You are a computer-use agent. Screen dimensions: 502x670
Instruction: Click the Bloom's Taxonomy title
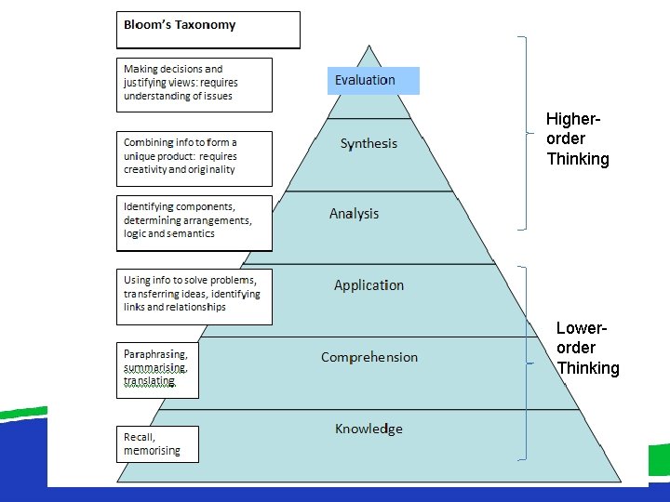180,25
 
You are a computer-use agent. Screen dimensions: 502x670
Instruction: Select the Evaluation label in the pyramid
365,80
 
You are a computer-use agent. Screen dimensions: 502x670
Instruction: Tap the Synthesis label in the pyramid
368,143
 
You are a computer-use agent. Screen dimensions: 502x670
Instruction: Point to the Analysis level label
354,214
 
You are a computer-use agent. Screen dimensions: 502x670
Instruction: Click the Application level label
368,285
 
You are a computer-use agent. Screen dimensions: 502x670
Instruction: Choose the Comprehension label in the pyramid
369,357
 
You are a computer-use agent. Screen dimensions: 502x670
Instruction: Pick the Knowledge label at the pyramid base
368,429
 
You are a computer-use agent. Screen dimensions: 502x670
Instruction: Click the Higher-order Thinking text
577,139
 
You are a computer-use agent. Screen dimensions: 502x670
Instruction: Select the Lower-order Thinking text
587,349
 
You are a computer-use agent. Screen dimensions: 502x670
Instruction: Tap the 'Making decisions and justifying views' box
194,83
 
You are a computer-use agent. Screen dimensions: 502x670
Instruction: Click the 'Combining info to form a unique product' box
194,156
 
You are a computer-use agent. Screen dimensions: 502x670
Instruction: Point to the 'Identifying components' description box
194,220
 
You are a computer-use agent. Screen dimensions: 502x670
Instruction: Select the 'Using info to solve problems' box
194,294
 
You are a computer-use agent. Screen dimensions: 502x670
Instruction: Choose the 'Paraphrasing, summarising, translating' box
156,368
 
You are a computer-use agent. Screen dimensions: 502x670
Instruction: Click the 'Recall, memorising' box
156,443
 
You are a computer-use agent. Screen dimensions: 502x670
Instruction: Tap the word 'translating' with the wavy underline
149,381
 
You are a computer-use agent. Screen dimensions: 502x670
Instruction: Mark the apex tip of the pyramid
369,45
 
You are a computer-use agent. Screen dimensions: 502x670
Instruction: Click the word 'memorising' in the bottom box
152,451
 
